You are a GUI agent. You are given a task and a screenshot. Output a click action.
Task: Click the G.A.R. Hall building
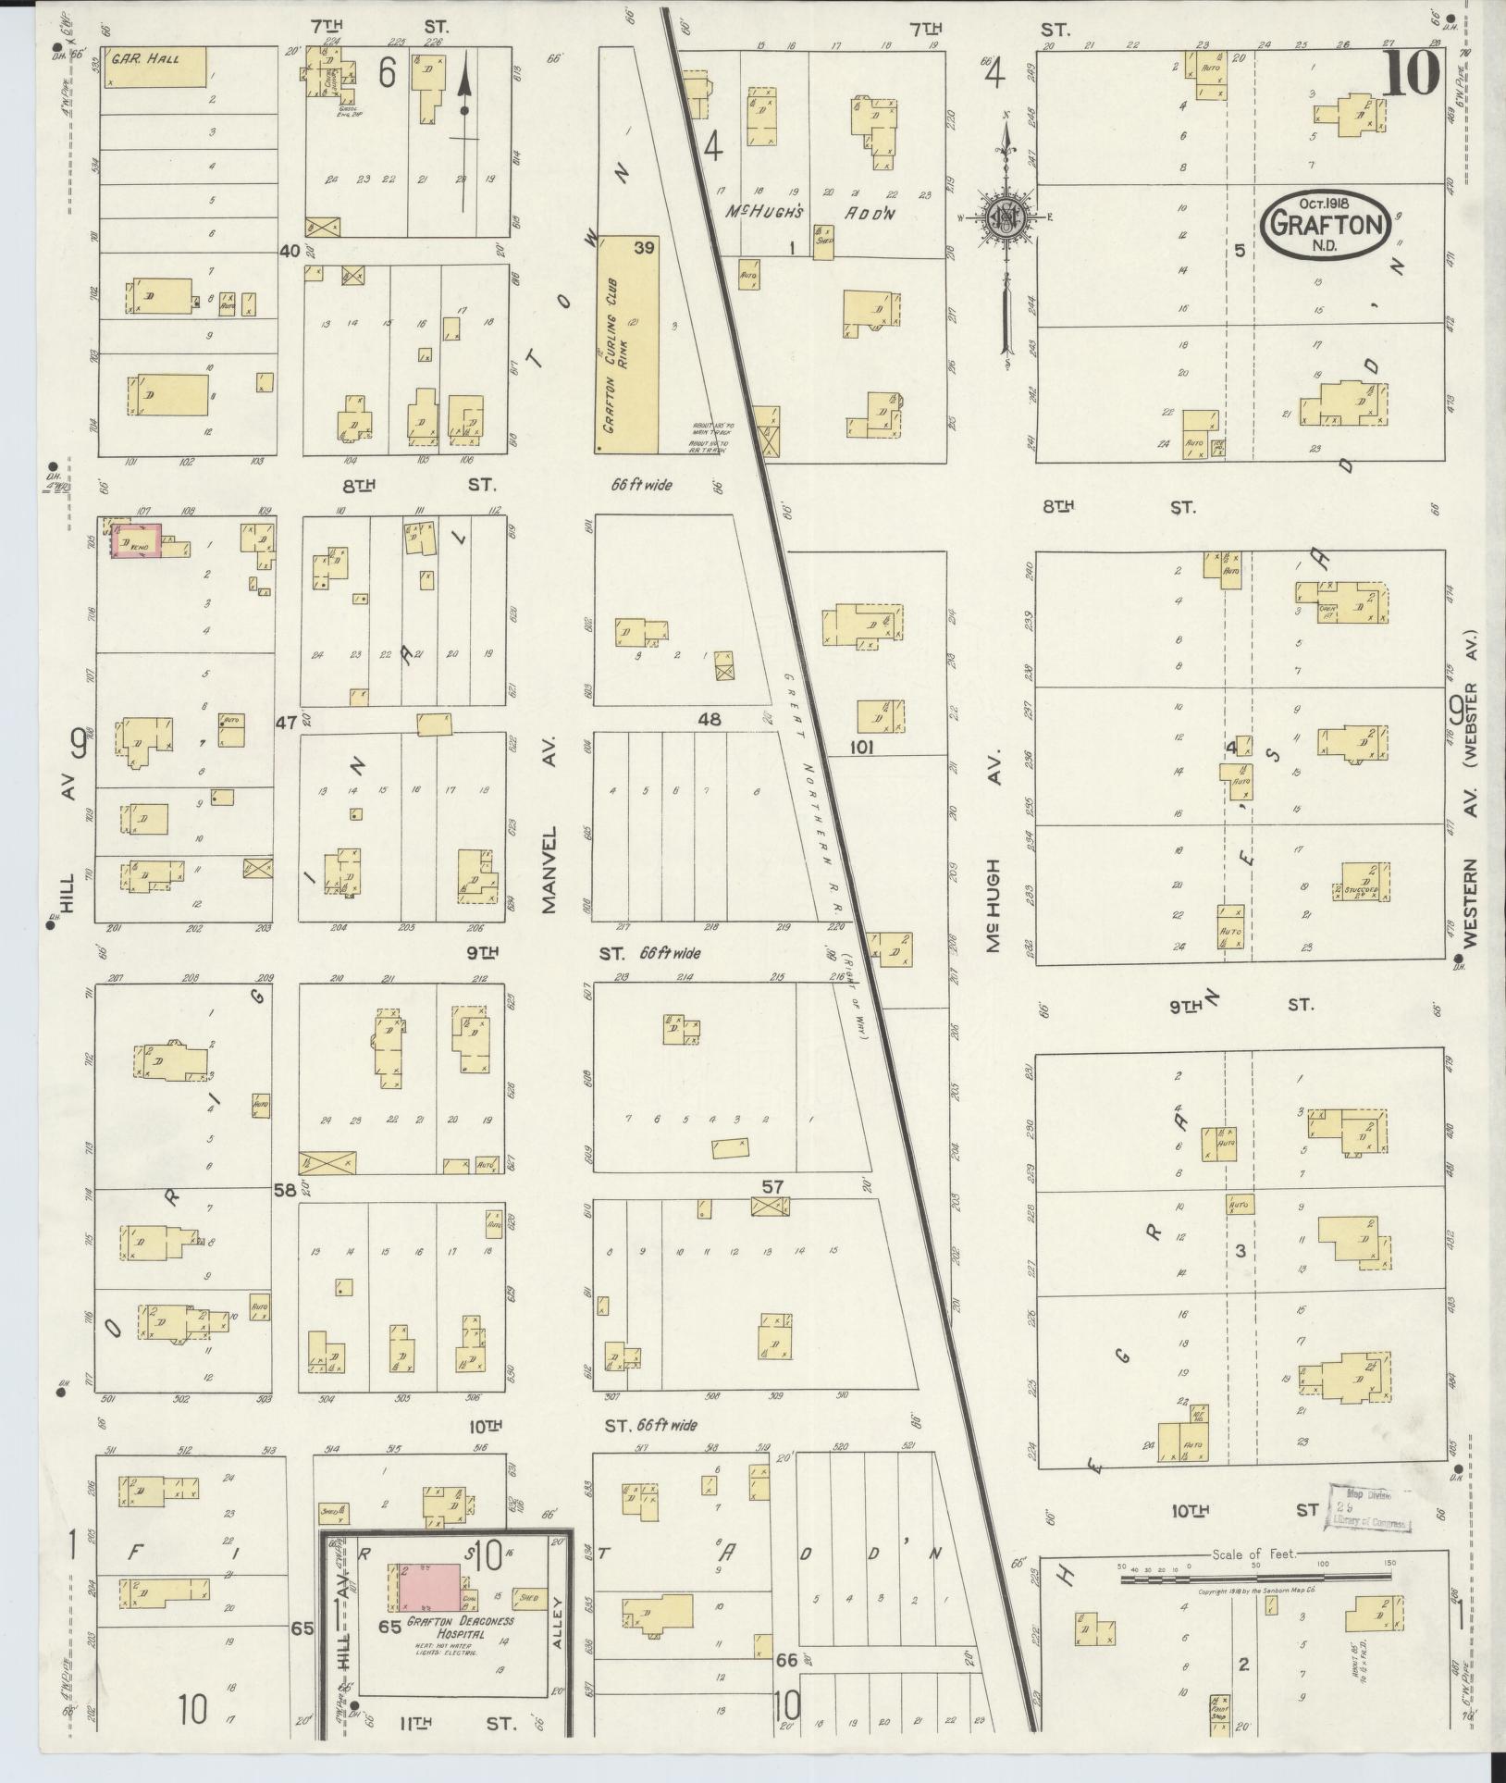pos(154,67)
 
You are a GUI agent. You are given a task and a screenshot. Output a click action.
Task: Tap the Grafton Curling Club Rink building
pos(626,344)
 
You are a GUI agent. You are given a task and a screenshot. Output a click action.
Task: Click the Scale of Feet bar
pos(1253,1579)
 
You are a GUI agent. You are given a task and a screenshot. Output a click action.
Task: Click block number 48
pos(710,719)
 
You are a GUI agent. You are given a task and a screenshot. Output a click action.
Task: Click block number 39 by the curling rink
pos(645,248)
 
